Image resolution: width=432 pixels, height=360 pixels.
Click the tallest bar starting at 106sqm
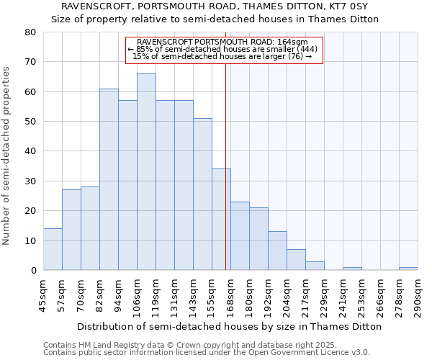(146, 172)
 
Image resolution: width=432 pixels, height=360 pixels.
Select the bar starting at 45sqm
(53, 249)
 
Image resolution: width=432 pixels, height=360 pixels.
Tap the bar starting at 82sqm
(109, 179)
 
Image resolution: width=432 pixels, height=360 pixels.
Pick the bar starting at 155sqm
(221, 220)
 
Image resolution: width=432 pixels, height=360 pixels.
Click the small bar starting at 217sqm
(315, 266)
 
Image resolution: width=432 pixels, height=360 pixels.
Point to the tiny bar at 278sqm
(408, 269)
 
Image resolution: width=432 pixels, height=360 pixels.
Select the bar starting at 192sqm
(277, 251)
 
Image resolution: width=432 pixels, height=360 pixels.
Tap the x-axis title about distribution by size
(229, 326)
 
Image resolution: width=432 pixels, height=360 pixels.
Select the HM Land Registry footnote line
(206, 345)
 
